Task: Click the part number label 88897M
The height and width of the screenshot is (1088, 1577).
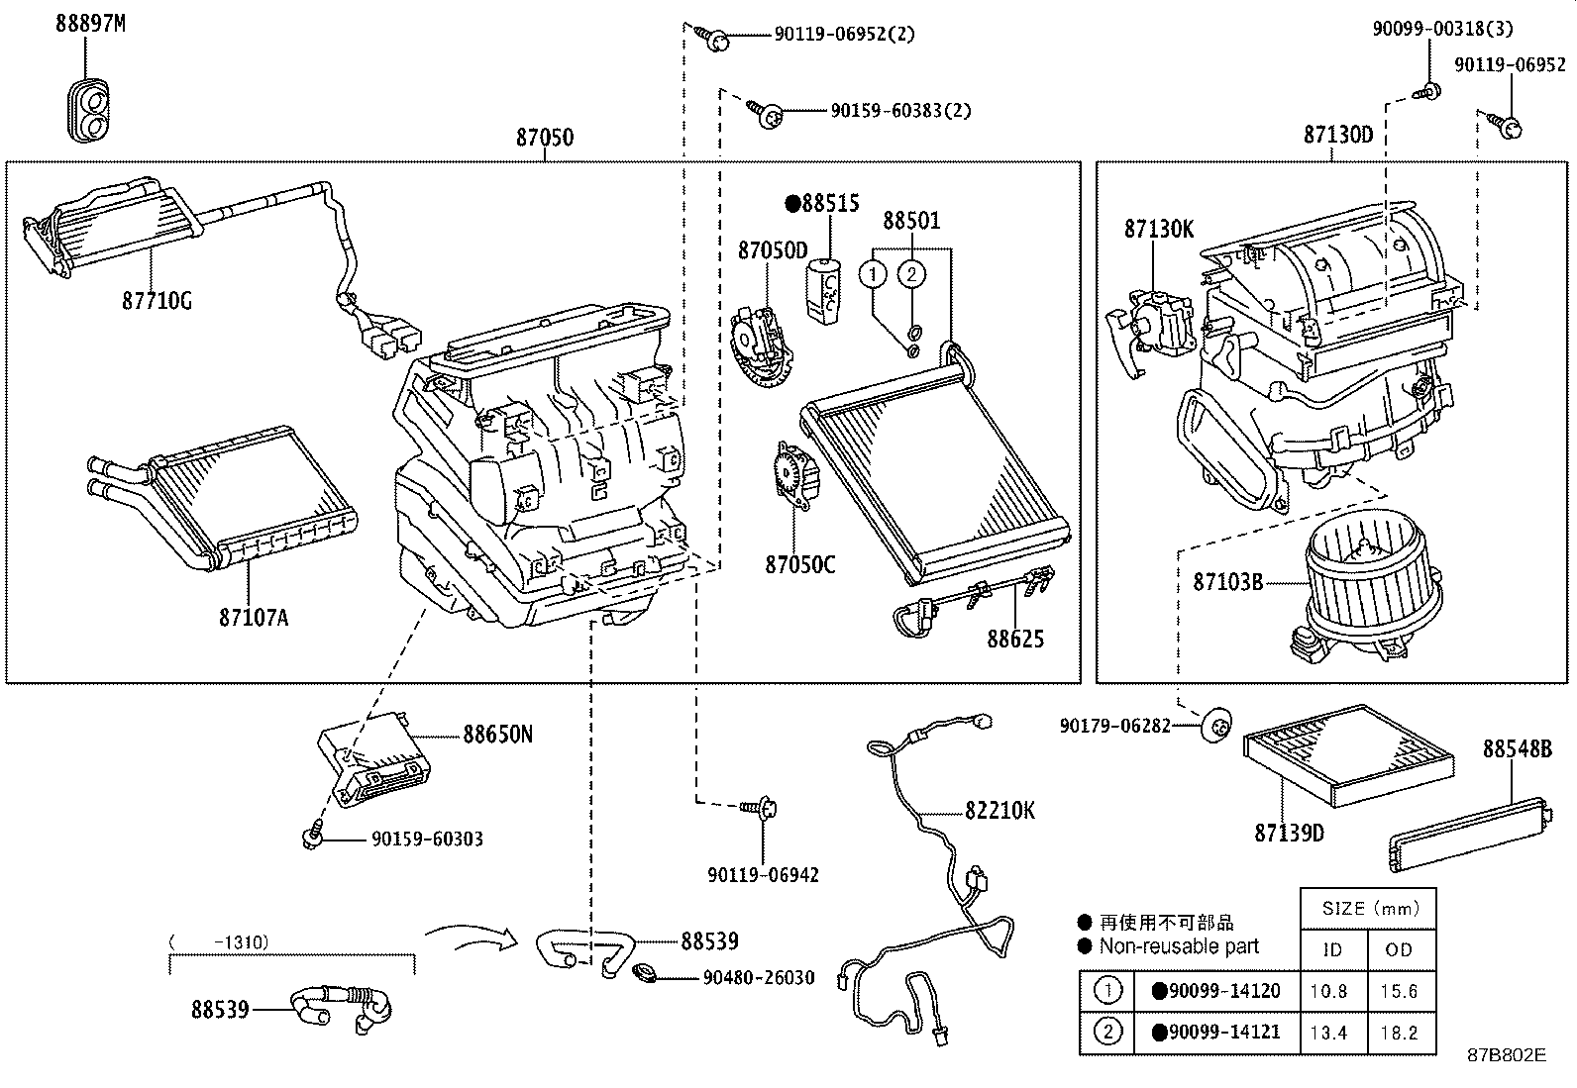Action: tap(90, 24)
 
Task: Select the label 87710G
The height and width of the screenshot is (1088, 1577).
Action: tap(157, 300)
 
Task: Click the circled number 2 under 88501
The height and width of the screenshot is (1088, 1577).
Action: tap(912, 273)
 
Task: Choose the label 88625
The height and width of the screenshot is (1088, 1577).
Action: tap(1014, 639)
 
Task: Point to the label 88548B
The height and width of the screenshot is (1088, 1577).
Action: tap(1517, 749)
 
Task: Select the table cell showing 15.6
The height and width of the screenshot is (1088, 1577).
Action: tap(1398, 991)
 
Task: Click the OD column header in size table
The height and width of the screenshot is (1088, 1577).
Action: tap(1398, 949)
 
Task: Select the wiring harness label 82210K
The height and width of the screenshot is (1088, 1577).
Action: tap(999, 810)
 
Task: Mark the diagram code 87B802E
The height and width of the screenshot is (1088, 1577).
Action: tap(1506, 1055)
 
